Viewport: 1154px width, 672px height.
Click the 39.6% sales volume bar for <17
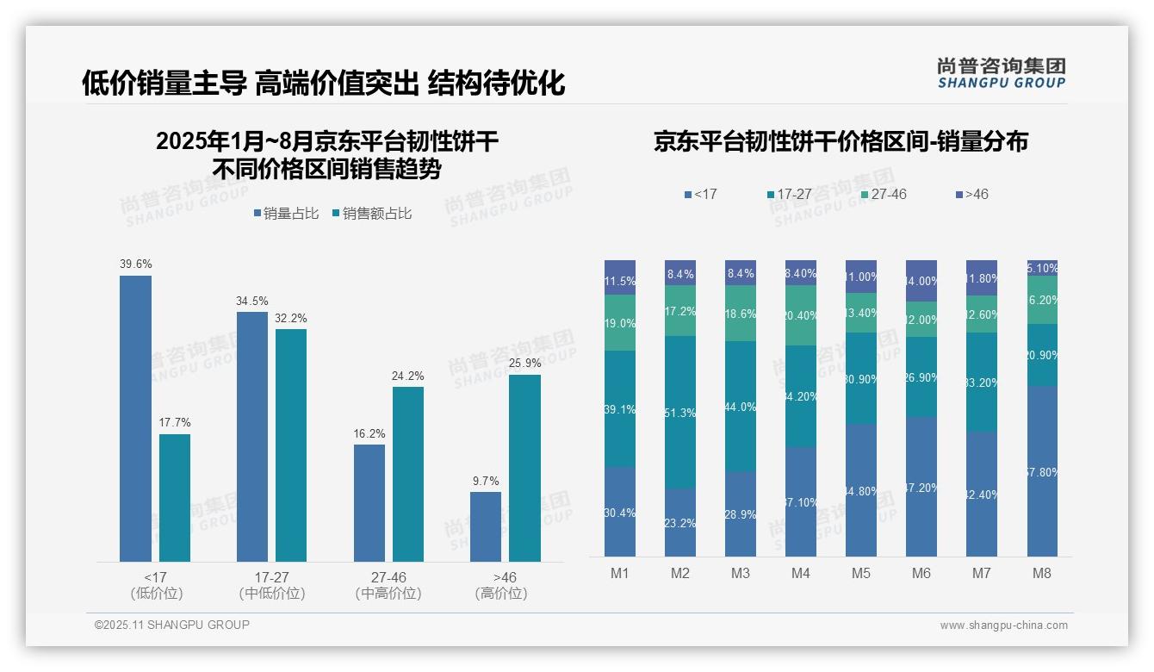135,419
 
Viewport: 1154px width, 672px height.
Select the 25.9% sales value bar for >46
524,468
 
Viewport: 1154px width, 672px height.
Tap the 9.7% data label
486,481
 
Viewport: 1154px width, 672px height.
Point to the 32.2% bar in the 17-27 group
291,445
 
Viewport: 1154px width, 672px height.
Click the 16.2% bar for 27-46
369,503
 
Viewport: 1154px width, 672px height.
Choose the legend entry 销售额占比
371,214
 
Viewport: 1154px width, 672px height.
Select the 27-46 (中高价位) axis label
388,585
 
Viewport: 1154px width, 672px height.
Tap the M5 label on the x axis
861,573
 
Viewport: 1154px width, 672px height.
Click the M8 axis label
1041,573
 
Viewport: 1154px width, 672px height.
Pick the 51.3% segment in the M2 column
680,413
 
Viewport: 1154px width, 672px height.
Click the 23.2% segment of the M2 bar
680,522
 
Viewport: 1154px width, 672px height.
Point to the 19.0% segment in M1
620,323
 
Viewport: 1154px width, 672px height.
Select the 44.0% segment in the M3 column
741,407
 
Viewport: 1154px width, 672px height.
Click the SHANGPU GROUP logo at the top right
1002,72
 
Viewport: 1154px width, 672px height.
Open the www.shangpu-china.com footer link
1003,625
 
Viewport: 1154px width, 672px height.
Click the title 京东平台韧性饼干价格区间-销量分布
841,142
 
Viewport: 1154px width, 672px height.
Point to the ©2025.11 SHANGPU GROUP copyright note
172,625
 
